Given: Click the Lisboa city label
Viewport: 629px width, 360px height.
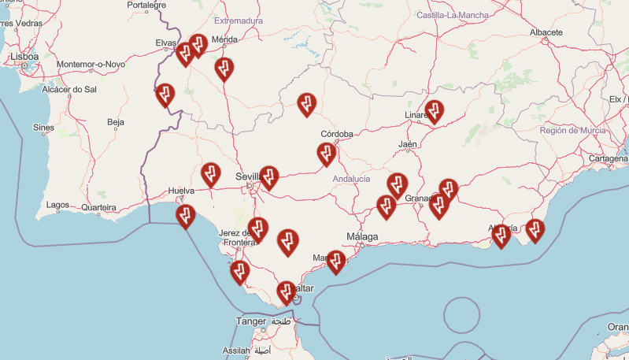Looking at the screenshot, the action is pyautogui.click(x=24, y=57).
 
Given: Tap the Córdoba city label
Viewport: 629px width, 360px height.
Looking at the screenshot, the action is pyautogui.click(x=337, y=134).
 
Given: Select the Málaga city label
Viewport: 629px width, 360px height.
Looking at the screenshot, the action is pyautogui.click(x=362, y=236).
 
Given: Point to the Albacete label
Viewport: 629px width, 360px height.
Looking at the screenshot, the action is pyautogui.click(x=546, y=32).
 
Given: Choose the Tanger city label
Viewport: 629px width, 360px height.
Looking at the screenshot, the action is pyautogui.click(x=251, y=321).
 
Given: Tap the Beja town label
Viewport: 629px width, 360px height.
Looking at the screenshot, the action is pyautogui.click(x=116, y=122).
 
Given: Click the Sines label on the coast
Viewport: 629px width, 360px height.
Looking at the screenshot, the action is pyautogui.click(x=43, y=127).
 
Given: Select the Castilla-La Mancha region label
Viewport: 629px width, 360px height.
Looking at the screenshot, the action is pyautogui.click(x=453, y=15).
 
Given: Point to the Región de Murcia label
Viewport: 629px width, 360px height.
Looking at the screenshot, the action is pyautogui.click(x=572, y=130).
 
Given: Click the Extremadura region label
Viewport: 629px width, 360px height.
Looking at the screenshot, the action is pyautogui.click(x=240, y=20).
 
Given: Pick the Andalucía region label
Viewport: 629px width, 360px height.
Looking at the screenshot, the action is pyautogui.click(x=351, y=179).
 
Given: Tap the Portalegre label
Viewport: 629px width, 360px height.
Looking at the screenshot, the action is pyautogui.click(x=147, y=5).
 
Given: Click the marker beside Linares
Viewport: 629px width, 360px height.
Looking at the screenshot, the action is pyautogui.click(x=434, y=112).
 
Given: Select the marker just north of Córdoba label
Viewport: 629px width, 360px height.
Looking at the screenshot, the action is pyautogui.click(x=306, y=104).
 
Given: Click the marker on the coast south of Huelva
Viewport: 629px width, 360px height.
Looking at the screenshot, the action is pyautogui.click(x=186, y=216).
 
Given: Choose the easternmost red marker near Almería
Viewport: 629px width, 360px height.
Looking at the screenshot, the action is pyautogui.click(x=535, y=230).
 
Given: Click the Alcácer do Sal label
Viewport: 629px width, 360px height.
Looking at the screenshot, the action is pyautogui.click(x=68, y=90).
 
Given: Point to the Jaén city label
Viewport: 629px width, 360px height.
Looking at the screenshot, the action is pyautogui.click(x=407, y=144).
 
